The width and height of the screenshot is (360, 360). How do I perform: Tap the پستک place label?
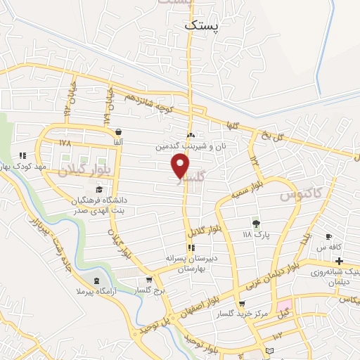tap(202, 25)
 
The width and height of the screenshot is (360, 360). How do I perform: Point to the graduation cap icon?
tap(99, 190)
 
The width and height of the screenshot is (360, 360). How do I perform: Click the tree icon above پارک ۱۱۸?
tap(256, 223)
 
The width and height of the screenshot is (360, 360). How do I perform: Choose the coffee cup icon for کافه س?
tap(328, 237)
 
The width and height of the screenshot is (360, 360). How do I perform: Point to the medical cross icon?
tap(339, 262)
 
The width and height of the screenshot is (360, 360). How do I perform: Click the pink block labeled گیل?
tap(283, 307)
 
